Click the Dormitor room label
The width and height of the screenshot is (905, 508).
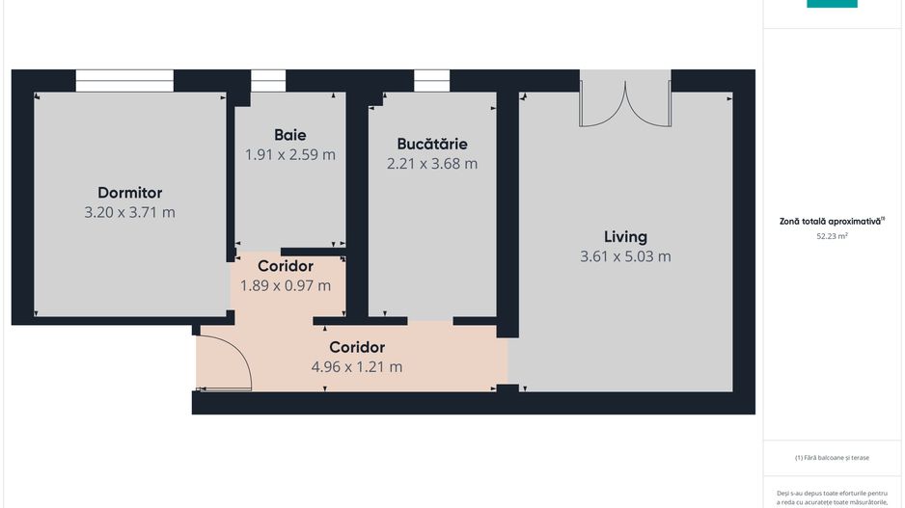(129, 193)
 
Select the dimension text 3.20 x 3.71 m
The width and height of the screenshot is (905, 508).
(129, 213)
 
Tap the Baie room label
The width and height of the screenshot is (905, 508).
(289, 135)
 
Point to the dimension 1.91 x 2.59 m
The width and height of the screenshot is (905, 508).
(289, 154)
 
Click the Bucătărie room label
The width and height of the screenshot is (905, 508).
(431, 144)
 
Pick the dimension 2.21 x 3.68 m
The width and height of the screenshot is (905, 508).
(431, 164)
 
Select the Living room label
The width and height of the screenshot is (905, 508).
(625, 236)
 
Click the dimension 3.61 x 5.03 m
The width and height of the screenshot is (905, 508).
(625, 256)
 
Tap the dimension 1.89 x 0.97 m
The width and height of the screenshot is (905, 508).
(285, 285)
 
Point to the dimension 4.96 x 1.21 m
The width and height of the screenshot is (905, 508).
(357, 367)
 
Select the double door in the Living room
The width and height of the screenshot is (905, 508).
(624, 102)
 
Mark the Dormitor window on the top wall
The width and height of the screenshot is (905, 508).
(124, 81)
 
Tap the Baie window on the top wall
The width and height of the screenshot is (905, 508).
(268, 81)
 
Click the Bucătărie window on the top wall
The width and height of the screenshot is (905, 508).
(431, 81)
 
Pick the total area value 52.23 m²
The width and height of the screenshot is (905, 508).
(832, 235)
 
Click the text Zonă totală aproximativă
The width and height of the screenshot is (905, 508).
(830, 221)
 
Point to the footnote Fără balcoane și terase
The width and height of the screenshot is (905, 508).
(833, 458)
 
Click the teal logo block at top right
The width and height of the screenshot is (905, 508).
(832, 4)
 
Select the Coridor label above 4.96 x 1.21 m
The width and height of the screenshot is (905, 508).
(357, 347)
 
